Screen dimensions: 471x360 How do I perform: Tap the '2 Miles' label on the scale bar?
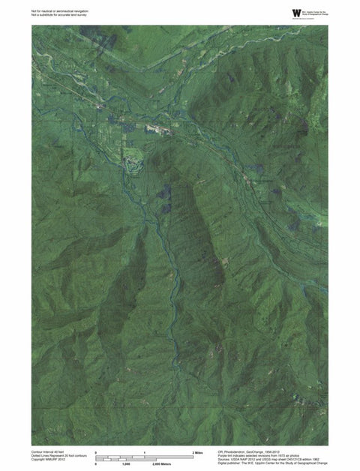198,453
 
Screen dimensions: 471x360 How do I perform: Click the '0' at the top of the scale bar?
96,453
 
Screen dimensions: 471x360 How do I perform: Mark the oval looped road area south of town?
133,158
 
